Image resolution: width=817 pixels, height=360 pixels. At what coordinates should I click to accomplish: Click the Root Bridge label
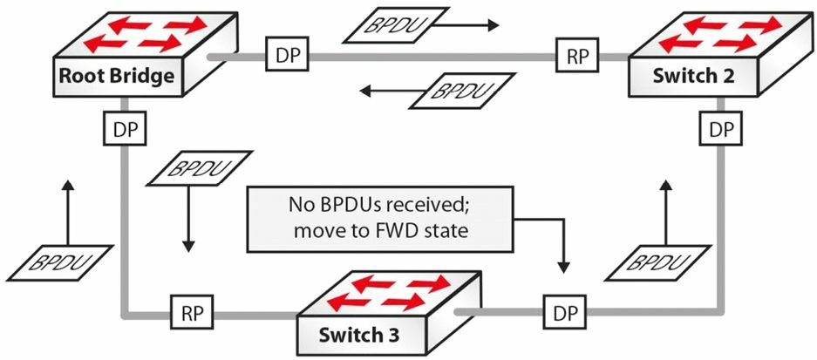(116, 76)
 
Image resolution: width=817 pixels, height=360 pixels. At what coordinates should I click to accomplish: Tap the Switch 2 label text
(693, 76)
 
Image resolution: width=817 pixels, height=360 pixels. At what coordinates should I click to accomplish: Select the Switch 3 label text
(359, 335)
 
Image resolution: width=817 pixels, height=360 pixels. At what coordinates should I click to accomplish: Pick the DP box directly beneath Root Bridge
(126, 129)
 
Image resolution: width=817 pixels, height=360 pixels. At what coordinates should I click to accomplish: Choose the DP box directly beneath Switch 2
(721, 129)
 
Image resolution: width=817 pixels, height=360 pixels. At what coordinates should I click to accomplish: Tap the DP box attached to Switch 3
(565, 314)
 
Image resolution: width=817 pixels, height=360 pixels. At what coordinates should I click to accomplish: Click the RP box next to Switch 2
(578, 58)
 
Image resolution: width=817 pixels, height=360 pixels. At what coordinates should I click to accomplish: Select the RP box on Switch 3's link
(190, 314)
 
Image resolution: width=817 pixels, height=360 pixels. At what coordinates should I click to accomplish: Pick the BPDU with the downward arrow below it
(201, 167)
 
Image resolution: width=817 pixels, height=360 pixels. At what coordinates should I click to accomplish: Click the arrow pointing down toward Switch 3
(189, 219)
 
